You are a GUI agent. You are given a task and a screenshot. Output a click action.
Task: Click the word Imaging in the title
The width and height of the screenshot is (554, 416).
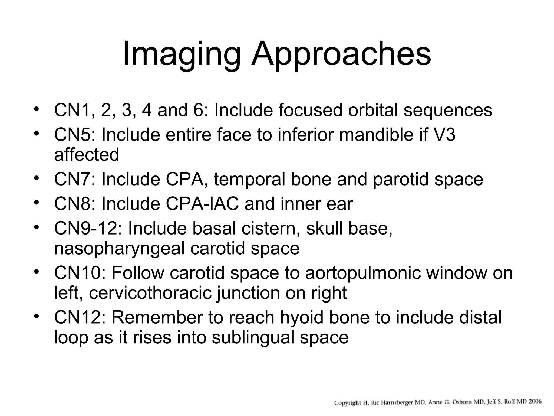[x=181, y=54]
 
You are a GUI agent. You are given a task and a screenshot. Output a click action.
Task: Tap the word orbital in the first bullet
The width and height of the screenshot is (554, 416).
[x=373, y=110]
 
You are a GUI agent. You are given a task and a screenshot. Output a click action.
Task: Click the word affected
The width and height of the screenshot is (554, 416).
[x=87, y=155]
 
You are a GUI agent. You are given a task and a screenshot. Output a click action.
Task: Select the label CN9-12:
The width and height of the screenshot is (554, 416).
[x=88, y=228]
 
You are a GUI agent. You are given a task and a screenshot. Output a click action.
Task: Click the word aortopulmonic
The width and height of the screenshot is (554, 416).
[x=363, y=273]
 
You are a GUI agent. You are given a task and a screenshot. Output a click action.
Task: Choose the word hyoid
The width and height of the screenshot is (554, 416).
[x=301, y=317]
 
